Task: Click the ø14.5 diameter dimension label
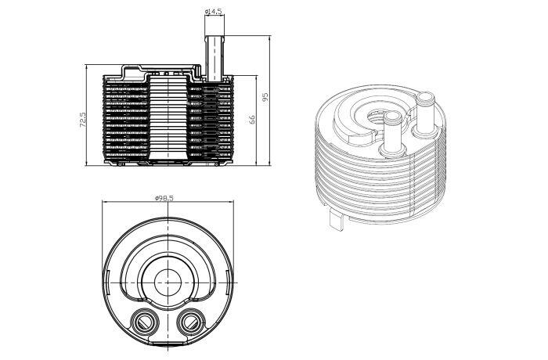(213, 11)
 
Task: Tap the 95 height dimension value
(265, 96)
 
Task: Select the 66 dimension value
(252, 119)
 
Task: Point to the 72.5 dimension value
(83, 120)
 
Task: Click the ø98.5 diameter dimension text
(164, 198)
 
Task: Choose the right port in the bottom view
(191, 322)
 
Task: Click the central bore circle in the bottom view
(168, 283)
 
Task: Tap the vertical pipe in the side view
(214, 59)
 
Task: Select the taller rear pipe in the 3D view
(425, 113)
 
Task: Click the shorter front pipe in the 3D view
(392, 134)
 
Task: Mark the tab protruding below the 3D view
(337, 219)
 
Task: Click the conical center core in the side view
(169, 118)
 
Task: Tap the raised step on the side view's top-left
(133, 73)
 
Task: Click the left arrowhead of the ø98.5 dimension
(104, 201)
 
